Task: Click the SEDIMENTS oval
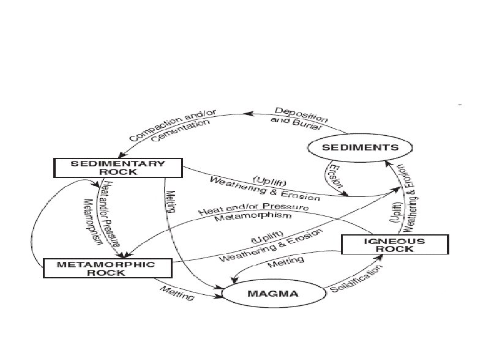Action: (x=361, y=147)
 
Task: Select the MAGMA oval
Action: (x=272, y=294)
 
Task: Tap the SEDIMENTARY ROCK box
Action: (x=118, y=168)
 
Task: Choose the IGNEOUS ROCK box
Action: (x=395, y=245)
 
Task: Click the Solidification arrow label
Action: (x=354, y=279)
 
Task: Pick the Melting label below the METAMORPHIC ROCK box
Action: (x=178, y=293)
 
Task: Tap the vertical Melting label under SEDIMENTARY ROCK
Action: (x=170, y=201)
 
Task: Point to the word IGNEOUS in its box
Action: (x=395, y=240)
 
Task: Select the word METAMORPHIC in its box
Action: (x=106, y=264)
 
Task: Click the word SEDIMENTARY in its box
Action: (x=118, y=163)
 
